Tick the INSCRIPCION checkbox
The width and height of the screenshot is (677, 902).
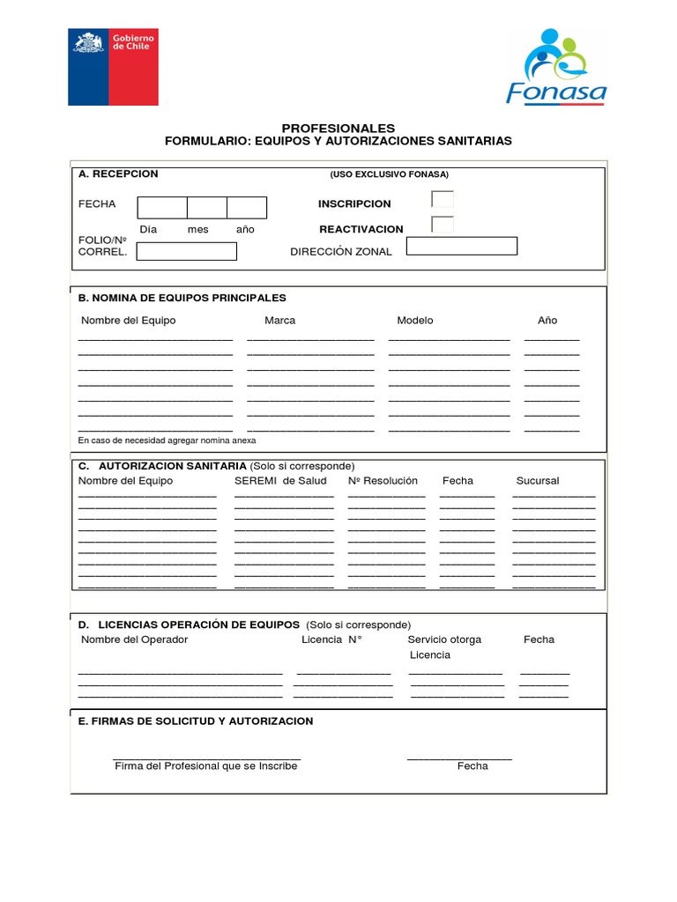443,199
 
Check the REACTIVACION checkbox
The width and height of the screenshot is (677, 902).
443,225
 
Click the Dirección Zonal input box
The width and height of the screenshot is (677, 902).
461,246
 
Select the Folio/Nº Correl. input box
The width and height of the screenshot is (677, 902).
187,251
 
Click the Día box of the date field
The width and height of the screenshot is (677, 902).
162,208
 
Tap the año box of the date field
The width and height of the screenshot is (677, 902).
247,208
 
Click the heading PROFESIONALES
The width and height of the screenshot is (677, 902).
338,128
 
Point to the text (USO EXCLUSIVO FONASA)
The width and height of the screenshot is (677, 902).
389,174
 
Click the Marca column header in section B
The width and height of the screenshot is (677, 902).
279,321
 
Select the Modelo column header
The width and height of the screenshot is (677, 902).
414,321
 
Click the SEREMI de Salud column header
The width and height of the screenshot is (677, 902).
280,481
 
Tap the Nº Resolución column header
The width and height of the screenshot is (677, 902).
383,481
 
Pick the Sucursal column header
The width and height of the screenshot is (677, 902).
537,481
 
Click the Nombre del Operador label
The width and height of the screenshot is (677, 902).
134,640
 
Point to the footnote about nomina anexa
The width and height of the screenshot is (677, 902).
167,440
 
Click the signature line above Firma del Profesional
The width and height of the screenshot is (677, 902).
206,758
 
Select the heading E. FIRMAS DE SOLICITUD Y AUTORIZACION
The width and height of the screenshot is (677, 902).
196,721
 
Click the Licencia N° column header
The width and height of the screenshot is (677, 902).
331,640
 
